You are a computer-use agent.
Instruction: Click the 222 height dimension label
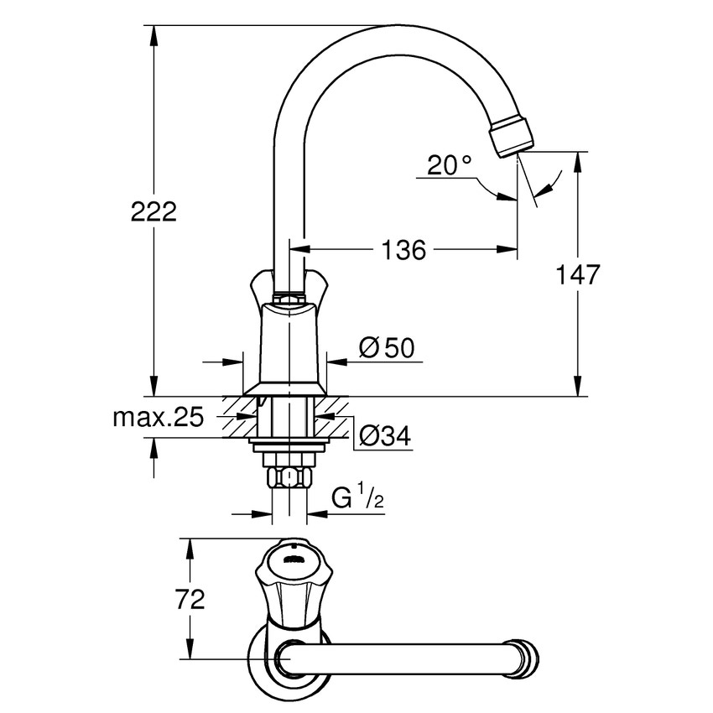point(154,211)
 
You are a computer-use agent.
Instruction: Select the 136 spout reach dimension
point(405,249)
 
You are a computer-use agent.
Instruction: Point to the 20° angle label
point(449,165)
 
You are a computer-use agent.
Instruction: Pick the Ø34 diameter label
point(384,436)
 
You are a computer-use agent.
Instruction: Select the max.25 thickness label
point(159,419)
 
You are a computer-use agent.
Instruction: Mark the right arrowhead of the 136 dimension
point(508,249)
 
